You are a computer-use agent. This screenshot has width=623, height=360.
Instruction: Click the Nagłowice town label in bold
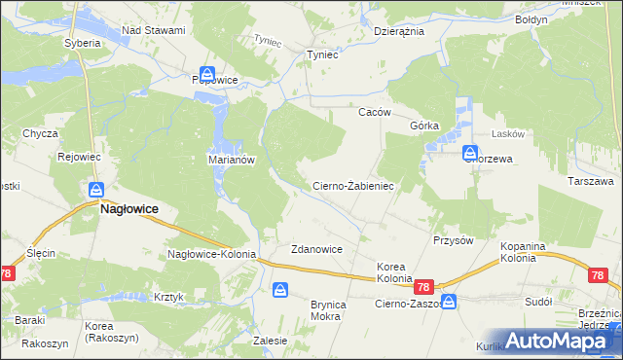(x=129, y=208)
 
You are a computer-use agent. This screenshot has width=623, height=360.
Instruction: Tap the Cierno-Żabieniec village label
(x=351, y=185)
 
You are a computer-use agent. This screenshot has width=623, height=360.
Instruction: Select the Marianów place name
(x=232, y=161)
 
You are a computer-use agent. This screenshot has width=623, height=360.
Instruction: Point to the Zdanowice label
(x=316, y=249)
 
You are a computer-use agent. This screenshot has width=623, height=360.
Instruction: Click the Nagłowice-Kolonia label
(x=211, y=254)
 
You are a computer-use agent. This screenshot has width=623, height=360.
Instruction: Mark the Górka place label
(x=425, y=126)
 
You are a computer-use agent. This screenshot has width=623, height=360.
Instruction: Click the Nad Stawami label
(x=153, y=31)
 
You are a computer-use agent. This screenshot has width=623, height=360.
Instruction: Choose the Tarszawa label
(x=590, y=181)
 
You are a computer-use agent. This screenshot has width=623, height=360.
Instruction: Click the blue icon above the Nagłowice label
(x=96, y=190)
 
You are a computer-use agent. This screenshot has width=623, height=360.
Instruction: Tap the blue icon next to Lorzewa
(x=470, y=152)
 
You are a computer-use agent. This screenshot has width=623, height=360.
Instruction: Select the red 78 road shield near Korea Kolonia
(x=422, y=288)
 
